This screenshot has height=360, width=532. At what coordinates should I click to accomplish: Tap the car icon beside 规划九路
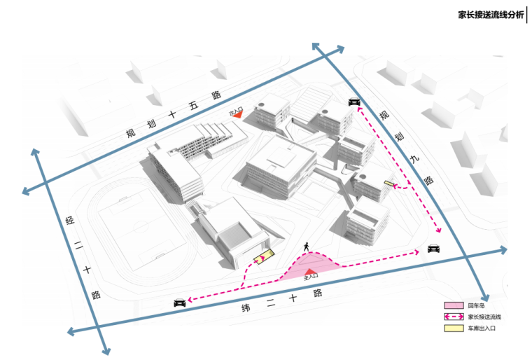[353, 102]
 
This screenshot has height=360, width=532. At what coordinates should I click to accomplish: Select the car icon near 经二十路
[179, 303]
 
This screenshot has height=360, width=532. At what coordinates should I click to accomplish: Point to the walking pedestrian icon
[306, 247]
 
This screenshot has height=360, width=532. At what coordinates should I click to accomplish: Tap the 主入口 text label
[311, 277]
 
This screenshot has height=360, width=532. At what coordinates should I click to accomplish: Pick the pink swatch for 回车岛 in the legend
[454, 305]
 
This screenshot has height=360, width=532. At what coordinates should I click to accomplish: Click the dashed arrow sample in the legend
[454, 317]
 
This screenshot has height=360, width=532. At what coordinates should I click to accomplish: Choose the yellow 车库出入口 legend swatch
[454, 328]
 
